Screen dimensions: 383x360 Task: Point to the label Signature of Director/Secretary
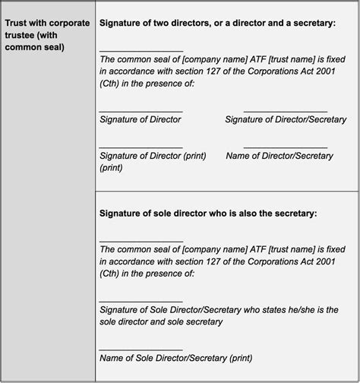tap(286, 119)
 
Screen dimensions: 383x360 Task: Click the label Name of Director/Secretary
tap(279, 156)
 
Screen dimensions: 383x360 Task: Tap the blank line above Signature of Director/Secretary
tap(286, 111)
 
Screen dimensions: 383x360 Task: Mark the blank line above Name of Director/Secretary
tap(286, 147)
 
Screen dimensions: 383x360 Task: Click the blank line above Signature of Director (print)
tap(141, 147)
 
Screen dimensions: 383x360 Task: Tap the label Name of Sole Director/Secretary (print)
tap(175, 358)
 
